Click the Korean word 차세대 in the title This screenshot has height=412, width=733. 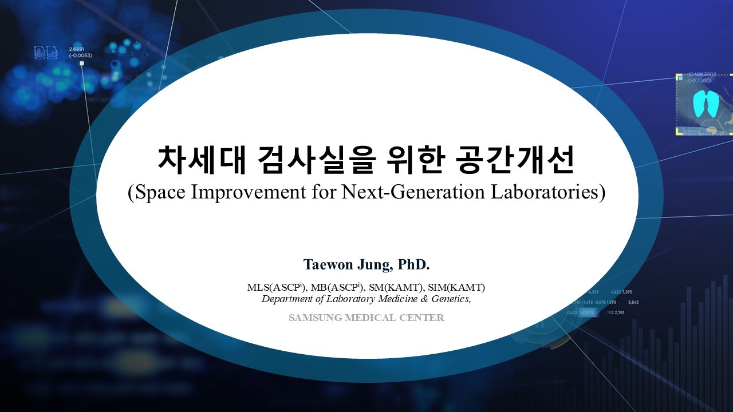click(x=202, y=160)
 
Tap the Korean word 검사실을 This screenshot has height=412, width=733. click(x=316, y=160)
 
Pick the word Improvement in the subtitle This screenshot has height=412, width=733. click(x=249, y=192)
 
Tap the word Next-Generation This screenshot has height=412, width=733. click(x=413, y=192)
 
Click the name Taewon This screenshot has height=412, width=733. click(x=328, y=264)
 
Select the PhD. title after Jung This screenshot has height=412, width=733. click(x=413, y=264)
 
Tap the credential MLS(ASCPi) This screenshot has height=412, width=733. click(x=277, y=287)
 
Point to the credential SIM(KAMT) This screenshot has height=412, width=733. click(x=456, y=287)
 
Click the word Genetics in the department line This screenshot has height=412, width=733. click(x=451, y=299)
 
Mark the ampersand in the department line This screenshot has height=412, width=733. click(x=424, y=299)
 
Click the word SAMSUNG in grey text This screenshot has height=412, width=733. click(x=316, y=318)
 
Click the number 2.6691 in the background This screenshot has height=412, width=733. click(x=76, y=49)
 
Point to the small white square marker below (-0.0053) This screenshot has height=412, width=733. click(x=82, y=63)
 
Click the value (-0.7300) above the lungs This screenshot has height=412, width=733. click(x=700, y=81)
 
